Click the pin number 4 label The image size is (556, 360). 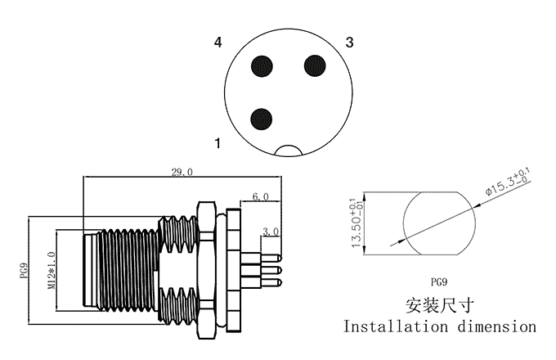(x=217, y=43)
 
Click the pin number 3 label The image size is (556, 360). (x=350, y=43)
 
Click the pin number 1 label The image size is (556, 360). (x=217, y=143)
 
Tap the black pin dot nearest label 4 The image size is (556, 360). (x=262, y=66)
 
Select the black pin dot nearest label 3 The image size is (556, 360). (x=315, y=65)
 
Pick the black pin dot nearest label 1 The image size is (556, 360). (x=262, y=119)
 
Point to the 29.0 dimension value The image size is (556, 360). (x=182, y=173)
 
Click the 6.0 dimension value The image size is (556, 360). (x=260, y=196)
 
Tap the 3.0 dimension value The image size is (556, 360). (x=271, y=232)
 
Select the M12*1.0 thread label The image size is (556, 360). (x=52, y=270)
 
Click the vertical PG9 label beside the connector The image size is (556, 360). (x=24, y=270)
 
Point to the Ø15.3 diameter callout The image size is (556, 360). (x=508, y=182)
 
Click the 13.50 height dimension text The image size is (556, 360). (x=356, y=223)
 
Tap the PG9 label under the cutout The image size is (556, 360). (x=439, y=282)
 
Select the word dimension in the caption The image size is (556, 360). (x=497, y=326)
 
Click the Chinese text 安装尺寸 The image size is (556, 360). (x=440, y=306)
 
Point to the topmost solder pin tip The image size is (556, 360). (x=280, y=258)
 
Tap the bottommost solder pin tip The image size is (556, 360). (x=280, y=282)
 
